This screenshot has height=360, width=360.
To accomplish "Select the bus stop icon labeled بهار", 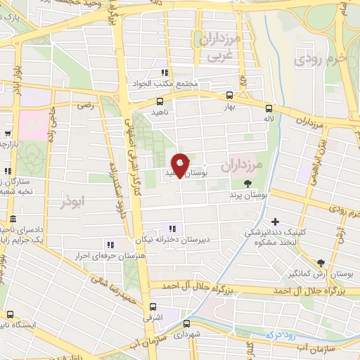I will pyautogui.click(x=229, y=96).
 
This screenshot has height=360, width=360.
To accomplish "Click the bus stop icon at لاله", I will pyautogui.click(x=269, y=108).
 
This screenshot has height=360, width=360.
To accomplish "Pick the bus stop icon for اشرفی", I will pyautogui.click(x=153, y=307).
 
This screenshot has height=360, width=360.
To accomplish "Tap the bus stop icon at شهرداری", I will pyautogui.click(x=186, y=324).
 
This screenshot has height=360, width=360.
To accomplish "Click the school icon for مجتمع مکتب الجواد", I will pyautogui.click(x=164, y=72).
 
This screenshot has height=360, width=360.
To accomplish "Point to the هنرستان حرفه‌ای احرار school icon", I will pyautogui.click(x=110, y=245).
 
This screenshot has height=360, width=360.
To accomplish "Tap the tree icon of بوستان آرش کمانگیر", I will pyautogui.click(x=321, y=260).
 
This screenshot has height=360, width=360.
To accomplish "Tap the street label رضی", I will pyautogui.click(x=85, y=105).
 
